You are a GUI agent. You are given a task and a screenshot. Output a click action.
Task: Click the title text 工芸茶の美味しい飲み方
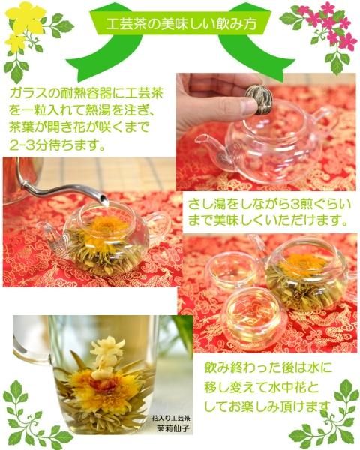pos(181,25)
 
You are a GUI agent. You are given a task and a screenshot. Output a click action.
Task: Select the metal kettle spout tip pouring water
pos(104,200)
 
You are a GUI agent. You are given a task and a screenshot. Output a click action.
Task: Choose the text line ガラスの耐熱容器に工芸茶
pos(86,94)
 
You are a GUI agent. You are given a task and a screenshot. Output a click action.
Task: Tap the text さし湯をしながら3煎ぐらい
pos(270,205)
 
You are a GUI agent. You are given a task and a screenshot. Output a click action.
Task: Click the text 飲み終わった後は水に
pos(268,367)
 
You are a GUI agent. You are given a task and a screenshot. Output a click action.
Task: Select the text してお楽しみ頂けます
pos(267,406)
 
